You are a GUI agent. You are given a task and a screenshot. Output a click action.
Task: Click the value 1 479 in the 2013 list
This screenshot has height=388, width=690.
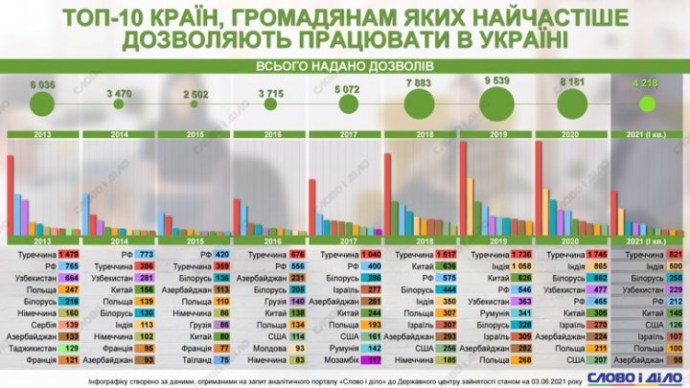69,255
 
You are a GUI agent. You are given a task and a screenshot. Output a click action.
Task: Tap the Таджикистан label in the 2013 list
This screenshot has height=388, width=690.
33,351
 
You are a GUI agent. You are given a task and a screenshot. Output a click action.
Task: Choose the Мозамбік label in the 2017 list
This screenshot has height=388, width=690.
340,363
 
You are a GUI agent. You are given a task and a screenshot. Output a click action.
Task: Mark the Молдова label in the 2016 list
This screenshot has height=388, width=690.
266,351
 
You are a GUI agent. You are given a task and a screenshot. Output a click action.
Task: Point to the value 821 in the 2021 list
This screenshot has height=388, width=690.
674,255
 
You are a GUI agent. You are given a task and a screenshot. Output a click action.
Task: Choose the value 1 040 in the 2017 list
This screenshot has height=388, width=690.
370,255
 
